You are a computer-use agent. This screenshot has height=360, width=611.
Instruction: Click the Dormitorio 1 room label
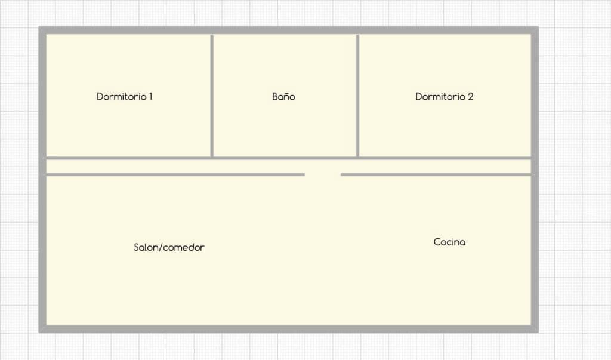click(124, 96)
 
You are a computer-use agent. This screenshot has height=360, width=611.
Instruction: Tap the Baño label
click(283, 96)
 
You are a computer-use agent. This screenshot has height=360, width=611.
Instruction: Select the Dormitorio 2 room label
click(444, 96)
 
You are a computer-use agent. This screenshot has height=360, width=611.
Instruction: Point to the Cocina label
click(449, 242)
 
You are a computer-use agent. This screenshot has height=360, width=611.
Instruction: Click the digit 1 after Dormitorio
click(150, 96)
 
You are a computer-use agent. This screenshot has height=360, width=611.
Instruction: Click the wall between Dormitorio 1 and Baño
click(212, 96)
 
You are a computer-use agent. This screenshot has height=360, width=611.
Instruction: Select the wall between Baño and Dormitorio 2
click(357, 96)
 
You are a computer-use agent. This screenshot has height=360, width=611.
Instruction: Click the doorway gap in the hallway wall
click(323, 174)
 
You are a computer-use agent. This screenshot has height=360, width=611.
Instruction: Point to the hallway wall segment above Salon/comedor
click(175, 174)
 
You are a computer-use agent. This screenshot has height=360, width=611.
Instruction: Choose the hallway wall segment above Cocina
click(436, 174)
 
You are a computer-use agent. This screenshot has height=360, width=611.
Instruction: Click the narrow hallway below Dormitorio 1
click(129, 166)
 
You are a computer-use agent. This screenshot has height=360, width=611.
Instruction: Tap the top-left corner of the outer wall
click(39, 27)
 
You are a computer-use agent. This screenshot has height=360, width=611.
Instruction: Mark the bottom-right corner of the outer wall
click(538, 333)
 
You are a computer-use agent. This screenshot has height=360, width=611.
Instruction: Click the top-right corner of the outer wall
click(538, 27)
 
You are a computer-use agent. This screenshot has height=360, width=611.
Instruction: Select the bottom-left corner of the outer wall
click(39, 333)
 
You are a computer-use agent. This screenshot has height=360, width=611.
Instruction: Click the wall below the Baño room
click(285, 158)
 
